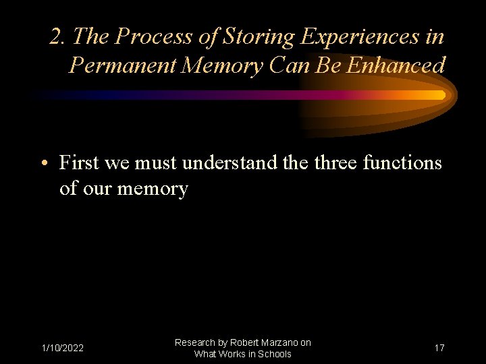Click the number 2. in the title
point(58,36)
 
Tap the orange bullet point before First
point(45,164)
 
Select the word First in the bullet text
point(80,163)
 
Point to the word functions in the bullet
point(402,163)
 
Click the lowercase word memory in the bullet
point(153,189)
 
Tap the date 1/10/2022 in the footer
point(62,348)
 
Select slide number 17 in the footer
point(439,348)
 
